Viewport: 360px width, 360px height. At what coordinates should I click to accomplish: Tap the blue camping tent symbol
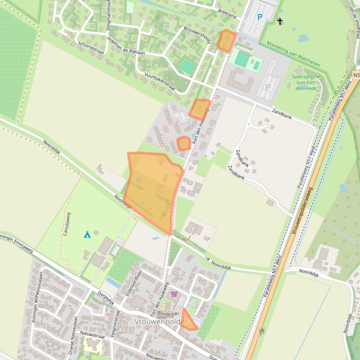click(87, 234)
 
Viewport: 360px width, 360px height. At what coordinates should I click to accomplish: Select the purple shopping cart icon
click(174, 294)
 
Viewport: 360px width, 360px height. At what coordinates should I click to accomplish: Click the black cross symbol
click(280, 21)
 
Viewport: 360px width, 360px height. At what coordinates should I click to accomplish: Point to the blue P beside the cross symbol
click(260, 17)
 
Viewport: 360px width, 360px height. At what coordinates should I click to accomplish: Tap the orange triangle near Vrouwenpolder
click(189, 321)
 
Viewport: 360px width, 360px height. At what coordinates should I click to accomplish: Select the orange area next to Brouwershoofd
click(227, 40)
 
